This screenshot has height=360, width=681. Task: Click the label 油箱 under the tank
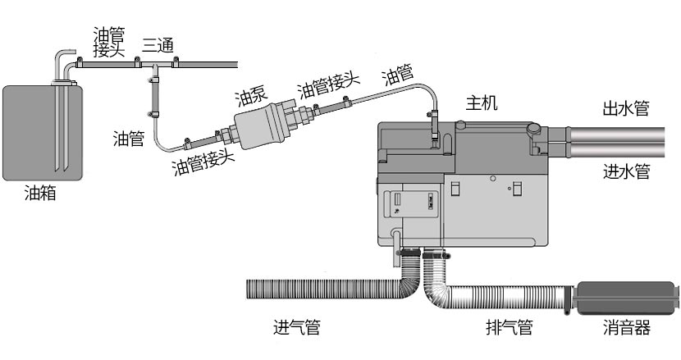(x=40, y=194)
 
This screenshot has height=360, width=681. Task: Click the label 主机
(x=482, y=103)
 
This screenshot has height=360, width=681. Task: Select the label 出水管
(x=626, y=107)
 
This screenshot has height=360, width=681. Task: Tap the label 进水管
(x=626, y=171)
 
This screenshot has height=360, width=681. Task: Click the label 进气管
(x=296, y=328)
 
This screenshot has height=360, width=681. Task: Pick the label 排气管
(x=509, y=328)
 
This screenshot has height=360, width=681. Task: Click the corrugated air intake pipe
(x=328, y=289)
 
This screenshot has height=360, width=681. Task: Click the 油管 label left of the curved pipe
(x=129, y=139)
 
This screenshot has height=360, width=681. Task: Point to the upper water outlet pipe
(x=624, y=130)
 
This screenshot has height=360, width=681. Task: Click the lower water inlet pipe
(x=624, y=151)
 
